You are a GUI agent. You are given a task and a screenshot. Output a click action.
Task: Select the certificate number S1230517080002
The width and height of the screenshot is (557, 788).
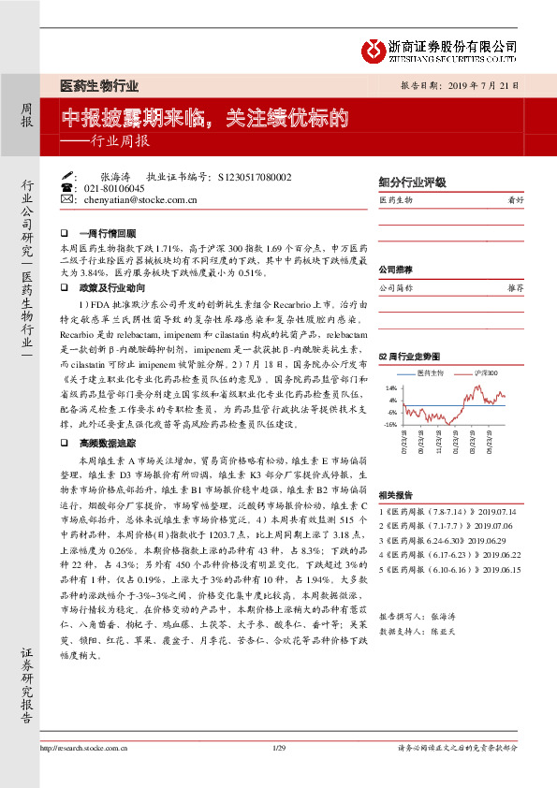point(254,176)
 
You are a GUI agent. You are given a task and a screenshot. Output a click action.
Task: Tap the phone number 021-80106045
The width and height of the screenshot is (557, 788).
point(114,188)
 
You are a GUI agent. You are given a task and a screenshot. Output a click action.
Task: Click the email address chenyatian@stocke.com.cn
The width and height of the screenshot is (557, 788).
point(140,199)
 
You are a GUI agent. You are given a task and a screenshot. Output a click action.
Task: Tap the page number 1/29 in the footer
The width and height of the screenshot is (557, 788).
point(278,773)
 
